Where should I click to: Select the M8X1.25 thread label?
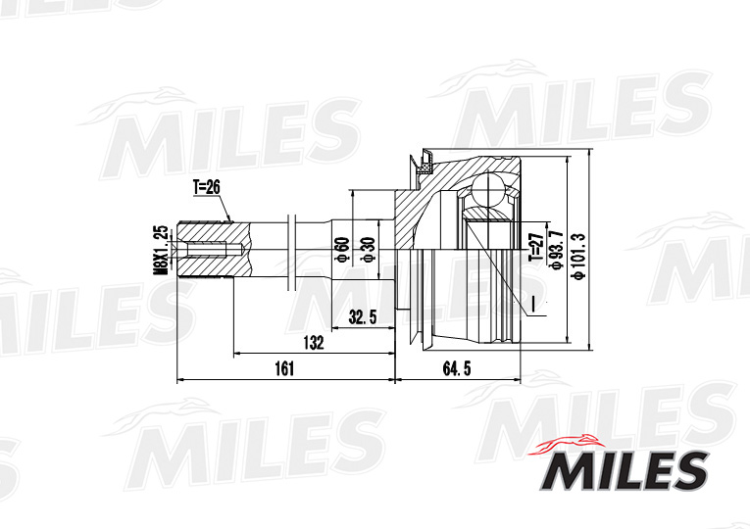160,251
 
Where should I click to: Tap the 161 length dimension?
283,368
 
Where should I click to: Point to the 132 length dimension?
313,342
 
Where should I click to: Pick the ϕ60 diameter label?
342,251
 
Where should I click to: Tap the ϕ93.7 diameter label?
555,248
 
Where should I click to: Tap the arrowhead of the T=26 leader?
231,222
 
